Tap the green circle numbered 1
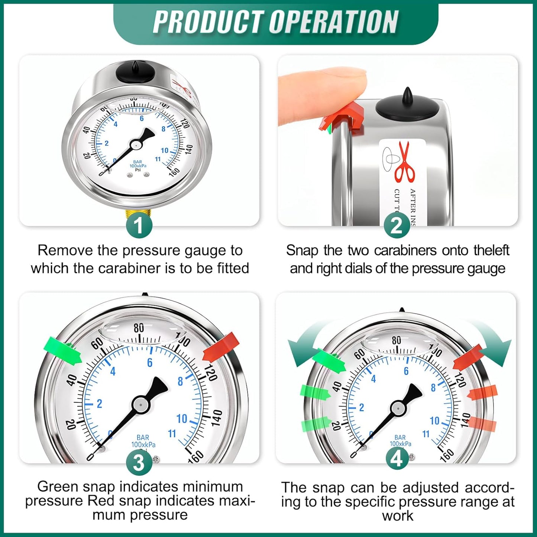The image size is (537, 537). click(x=139, y=225)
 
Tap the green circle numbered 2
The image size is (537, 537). click(x=397, y=225)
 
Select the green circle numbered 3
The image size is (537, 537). click(x=139, y=463)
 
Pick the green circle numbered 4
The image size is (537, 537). click(x=397, y=458)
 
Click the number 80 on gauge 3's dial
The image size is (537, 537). click(x=139, y=328)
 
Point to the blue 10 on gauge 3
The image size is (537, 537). click(x=182, y=419)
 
